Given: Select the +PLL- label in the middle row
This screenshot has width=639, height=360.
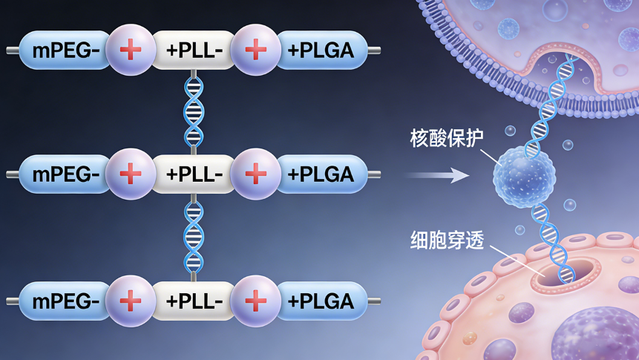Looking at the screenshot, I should click(194, 175).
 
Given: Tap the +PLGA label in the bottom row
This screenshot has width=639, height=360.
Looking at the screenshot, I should click(321, 301).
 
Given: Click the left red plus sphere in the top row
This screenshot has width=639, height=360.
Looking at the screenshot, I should click(131, 50).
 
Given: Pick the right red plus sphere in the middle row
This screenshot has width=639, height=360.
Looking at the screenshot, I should click(255, 175).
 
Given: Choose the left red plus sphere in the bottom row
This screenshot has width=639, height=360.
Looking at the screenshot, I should click(131, 301).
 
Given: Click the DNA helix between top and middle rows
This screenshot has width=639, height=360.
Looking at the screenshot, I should click(194, 112).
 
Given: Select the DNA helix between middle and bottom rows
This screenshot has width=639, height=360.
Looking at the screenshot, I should click(194, 238).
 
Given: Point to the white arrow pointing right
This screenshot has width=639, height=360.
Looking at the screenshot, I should click(438, 176).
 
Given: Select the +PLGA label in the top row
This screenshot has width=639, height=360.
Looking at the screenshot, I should click(321, 50).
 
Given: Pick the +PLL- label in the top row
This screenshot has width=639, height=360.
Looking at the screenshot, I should click(194, 50).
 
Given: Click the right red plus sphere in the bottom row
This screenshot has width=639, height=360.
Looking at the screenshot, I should click(255, 301).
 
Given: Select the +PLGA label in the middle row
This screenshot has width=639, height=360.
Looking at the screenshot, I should click(321, 175).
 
